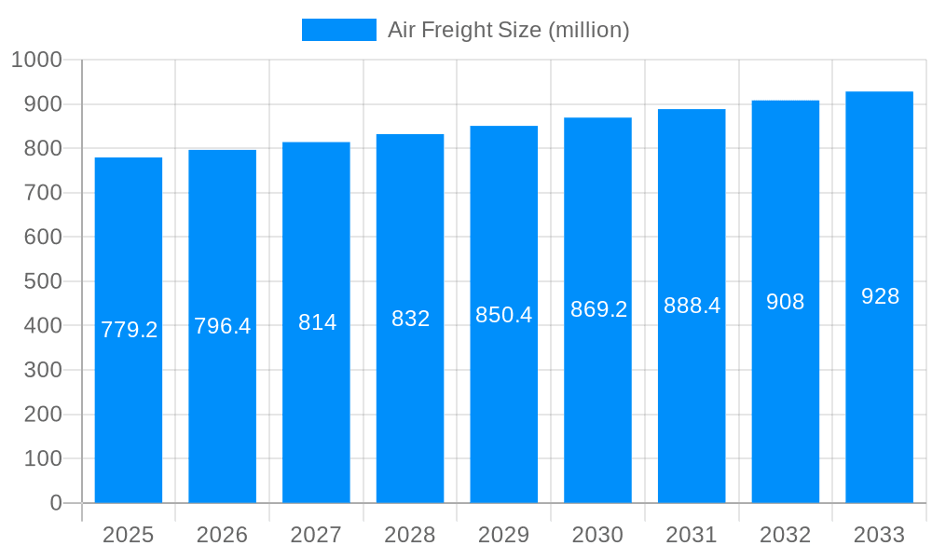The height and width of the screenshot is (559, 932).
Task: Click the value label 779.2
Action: coord(129,330)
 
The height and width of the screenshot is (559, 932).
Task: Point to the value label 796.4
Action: coord(222,326)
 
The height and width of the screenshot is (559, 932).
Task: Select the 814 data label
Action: coord(317,322)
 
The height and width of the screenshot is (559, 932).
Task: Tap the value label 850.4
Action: coord(503,315)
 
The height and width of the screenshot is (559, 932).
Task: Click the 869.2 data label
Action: coord(598,309)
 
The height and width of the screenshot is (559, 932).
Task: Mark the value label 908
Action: coord(785,302)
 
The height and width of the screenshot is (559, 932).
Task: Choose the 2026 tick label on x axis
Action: coord(222,535)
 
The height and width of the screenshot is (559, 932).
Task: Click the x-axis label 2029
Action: coord(503,535)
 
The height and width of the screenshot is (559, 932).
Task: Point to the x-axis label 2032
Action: coord(785,535)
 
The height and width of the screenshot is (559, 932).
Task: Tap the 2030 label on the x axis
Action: coord(597,535)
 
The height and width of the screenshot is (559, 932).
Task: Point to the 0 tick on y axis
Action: coord(56,503)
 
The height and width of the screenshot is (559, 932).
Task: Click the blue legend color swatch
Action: coord(338,30)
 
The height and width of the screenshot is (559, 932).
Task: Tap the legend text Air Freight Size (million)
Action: coord(509,30)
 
